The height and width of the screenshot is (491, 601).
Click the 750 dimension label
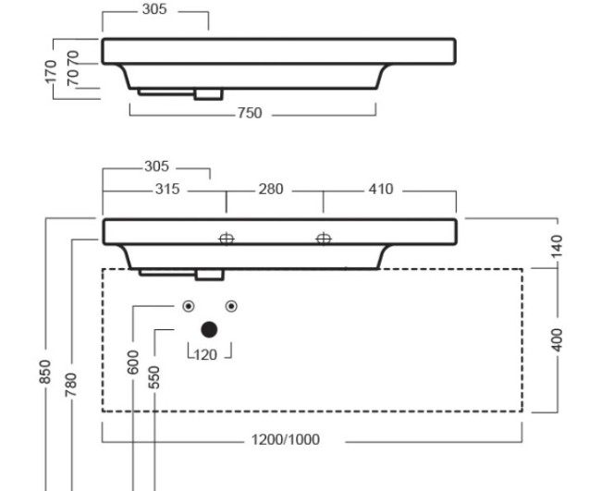point(250,114)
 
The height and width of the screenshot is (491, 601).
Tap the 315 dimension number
point(166,190)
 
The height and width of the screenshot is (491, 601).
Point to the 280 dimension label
point(271,190)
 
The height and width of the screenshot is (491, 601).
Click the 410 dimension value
point(380,190)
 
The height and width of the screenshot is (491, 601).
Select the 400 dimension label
point(557,338)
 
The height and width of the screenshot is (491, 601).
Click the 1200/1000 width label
point(286,439)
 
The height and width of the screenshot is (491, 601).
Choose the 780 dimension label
point(71,382)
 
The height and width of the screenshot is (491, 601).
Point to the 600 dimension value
point(135,362)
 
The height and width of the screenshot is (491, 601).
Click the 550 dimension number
point(154,376)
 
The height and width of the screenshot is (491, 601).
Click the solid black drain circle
point(209,329)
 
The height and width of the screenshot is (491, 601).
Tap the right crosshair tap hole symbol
point(324,239)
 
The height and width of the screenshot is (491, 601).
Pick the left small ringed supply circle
point(188,306)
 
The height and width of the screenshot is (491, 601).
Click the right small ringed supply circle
point(231,306)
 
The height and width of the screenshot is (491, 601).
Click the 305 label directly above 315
point(157,167)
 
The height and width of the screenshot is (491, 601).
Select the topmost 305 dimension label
point(155,11)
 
